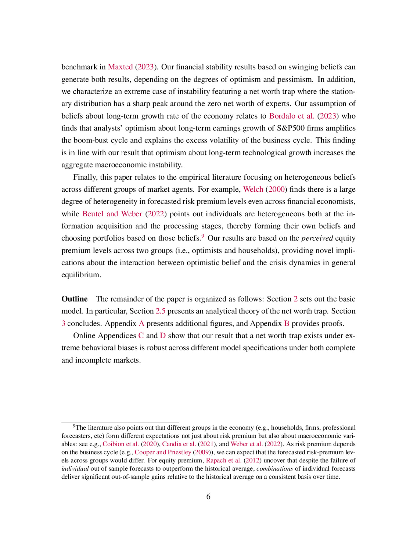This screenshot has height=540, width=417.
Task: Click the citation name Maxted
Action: pyautogui.click(x=120, y=67)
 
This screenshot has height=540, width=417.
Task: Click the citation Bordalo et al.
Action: pyautogui.click(x=292, y=116)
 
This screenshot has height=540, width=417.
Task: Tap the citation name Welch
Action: pyautogui.click(x=253, y=190)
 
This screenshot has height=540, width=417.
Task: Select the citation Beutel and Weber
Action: pyautogui.click(x=112, y=214)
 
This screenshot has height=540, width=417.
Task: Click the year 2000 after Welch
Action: pyautogui.click(x=276, y=190)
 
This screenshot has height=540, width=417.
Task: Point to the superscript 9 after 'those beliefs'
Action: pyautogui.click(x=203, y=236)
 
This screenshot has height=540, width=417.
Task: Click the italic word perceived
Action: pyautogui.click(x=317, y=238)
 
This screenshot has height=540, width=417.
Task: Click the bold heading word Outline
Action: pyautogui.click(x=74, y=299)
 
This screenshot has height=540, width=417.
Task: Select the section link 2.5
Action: pyautogui.click(x=160, y=311)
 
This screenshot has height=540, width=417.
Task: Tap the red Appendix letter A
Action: pyautogui.click(x=141, y=324)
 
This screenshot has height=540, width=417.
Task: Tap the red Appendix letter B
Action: pyautogui.click(x=287, y=324)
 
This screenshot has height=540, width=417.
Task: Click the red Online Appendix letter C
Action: pyautogui.click(x=141, y=336)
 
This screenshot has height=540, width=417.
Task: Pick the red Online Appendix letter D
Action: pyautogui.click(x=163, y=336)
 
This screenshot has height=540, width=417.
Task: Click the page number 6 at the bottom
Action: pyautogui.click(x=208, y=497)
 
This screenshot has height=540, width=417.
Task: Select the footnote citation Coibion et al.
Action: pyautogui.click(x=121, y=444)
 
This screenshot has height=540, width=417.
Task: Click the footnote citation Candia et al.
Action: pyautogui.click(x=179, y=444)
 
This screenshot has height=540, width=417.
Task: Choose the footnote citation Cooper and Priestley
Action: pyautogui.click(x=163, y=452)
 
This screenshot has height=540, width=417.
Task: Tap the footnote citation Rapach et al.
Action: pyautogui.click(x=223, y=460)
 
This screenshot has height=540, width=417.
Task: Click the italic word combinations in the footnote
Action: pyautogui.click(x=275, y=469)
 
